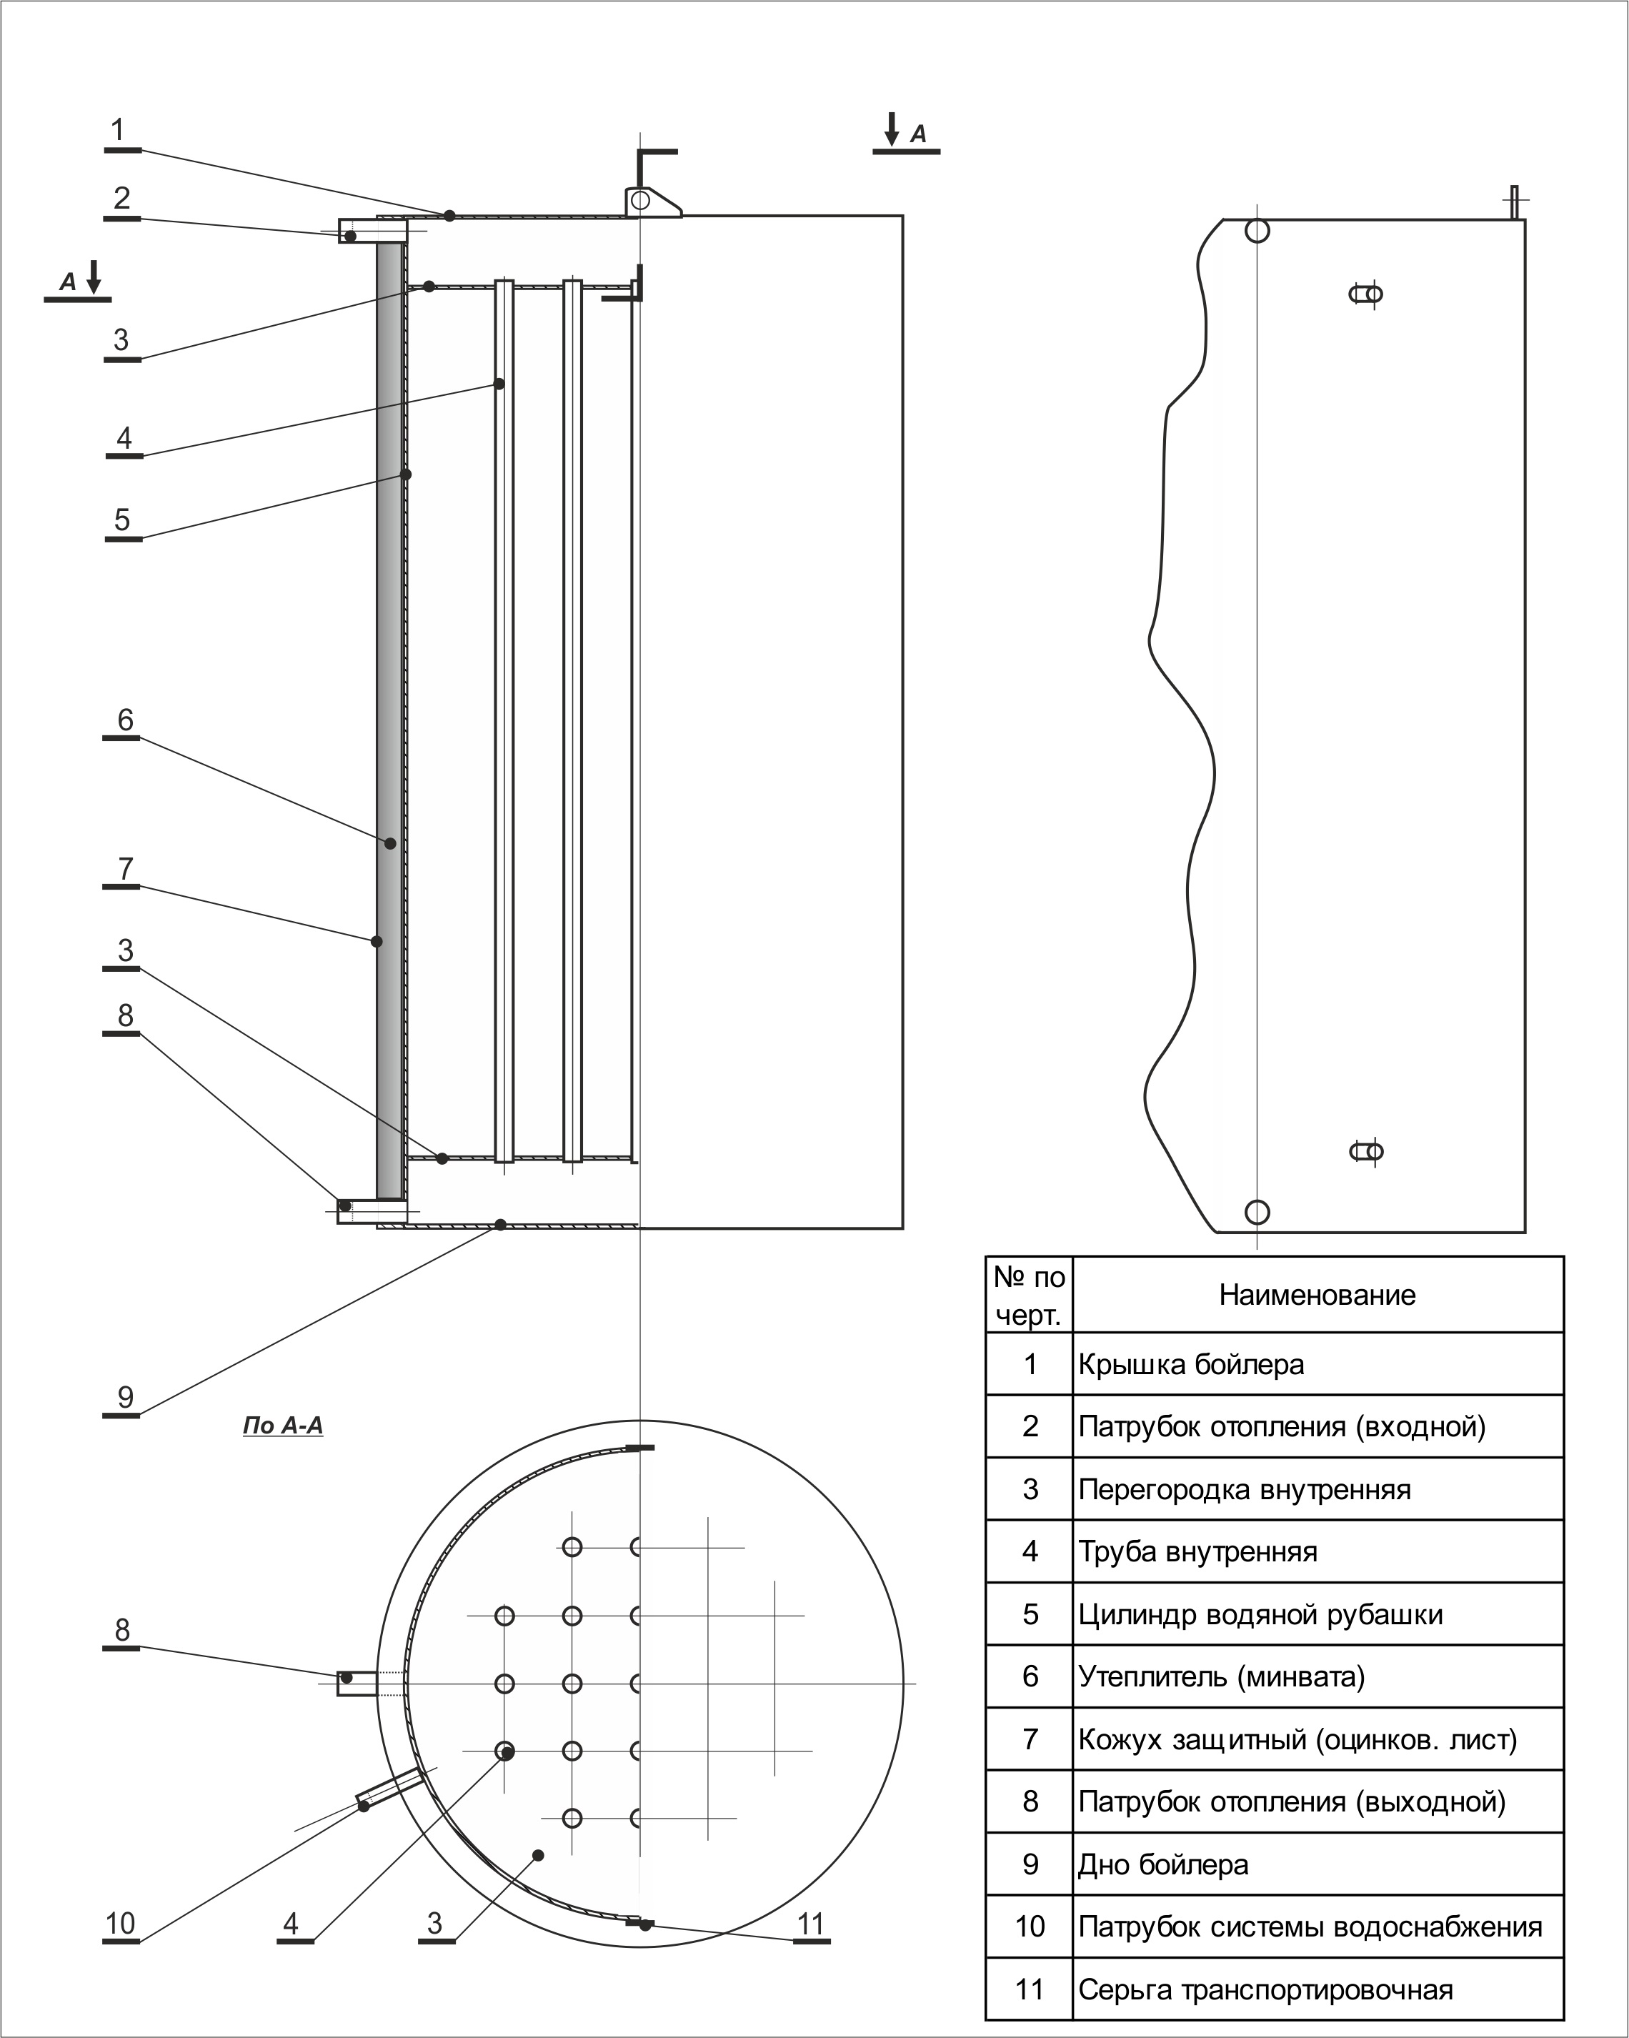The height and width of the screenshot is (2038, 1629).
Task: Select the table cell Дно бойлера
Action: tap(1163, 1865)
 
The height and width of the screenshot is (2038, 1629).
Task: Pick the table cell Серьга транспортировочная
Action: tap(1265, 1990)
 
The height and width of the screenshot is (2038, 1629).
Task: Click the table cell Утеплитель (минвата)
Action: tap(1221, 1677)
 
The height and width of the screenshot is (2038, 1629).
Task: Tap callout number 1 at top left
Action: tap(118, 131)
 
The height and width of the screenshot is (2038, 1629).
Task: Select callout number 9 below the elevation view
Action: tap(125, 1396)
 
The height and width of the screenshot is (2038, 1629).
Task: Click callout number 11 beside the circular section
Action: tap(811, 1924)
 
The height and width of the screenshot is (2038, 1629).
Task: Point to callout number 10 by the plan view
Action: tap(120, 1924)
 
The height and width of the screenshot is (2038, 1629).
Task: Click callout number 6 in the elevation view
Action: tap(125, 720)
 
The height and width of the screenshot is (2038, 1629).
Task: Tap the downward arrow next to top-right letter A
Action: tap(891, 129)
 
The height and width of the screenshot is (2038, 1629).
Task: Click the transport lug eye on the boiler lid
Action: tap(641, 200)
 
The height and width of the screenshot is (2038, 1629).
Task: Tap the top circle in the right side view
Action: tap(1257, 231)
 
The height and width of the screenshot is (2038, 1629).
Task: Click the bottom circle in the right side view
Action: tap(1257, 1212)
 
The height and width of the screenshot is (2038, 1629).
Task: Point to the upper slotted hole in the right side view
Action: tap(1366, 294)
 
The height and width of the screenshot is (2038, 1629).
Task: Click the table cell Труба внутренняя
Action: tap(1197, 1552)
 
